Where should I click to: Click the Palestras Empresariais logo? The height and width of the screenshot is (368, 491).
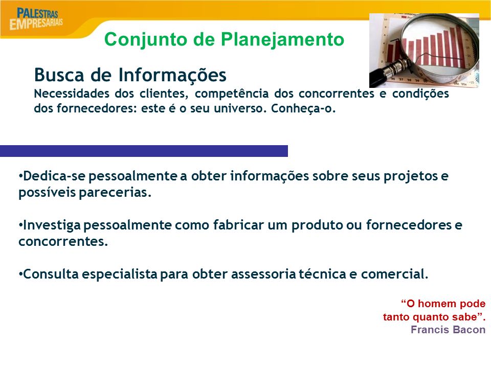coord(36,19)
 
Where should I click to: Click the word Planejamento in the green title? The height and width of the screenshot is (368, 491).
coord(282,40)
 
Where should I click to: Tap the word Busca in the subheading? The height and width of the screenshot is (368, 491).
coord(59,75)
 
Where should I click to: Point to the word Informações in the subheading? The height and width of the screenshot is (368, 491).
coord(172,76)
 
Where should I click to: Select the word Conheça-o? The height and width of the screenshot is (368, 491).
coord(303,109)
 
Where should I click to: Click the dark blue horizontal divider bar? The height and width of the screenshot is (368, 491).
coord(144,151)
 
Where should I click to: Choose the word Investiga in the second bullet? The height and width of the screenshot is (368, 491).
coord(52,225)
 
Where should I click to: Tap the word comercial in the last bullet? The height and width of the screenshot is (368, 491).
coord(394,274)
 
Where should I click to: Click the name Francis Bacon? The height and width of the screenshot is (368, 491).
coord(448,330)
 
